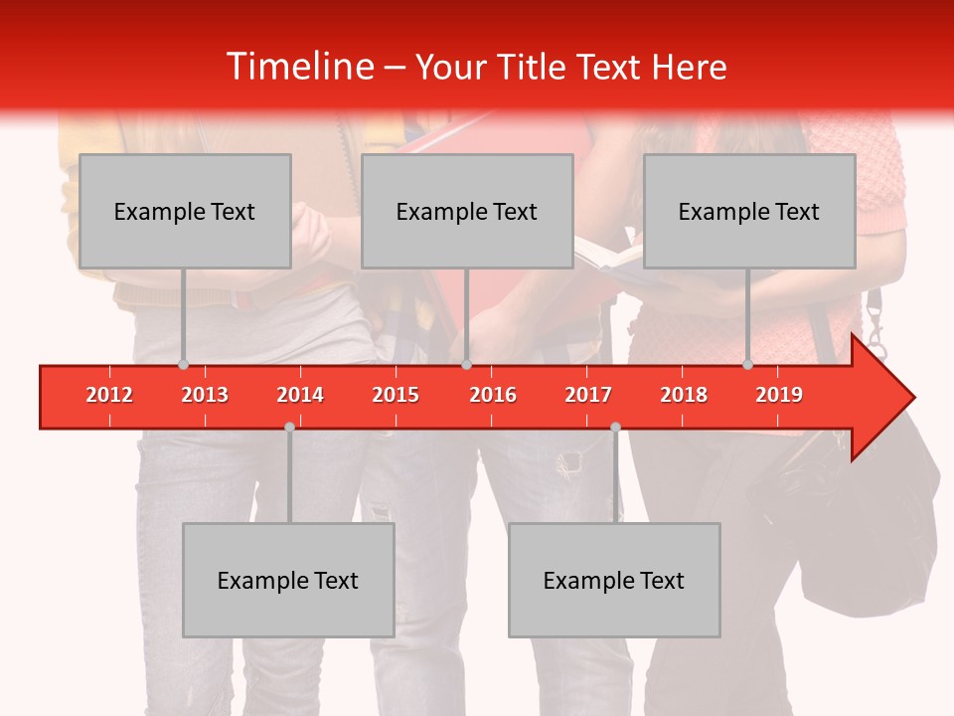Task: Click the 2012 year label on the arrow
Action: click(109, 395)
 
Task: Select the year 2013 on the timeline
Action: click(205, 395)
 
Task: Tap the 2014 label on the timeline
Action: click(300, 395)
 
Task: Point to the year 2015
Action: click(396, 395)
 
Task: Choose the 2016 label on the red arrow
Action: click(493, 395)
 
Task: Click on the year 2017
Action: click(588, 395)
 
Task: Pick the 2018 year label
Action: click(684, 395)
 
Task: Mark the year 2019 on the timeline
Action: click(779, 395)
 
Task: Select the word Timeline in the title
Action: click(298, 67)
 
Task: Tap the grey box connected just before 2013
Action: click(185, 211)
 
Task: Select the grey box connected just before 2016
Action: click(467, 211)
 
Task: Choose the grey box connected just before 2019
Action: click(749, 211)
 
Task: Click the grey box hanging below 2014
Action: click(288, 580)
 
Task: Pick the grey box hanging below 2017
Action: click(614, 580)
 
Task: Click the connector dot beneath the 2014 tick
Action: click(289, 427)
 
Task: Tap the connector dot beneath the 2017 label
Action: click(615, 427)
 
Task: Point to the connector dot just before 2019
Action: click(747, 364)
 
